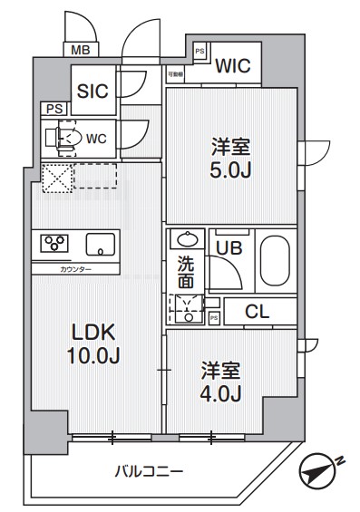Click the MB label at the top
79,50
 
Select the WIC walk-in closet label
233,65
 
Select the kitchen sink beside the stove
100,244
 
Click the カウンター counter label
75,269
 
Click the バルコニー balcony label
150,471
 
